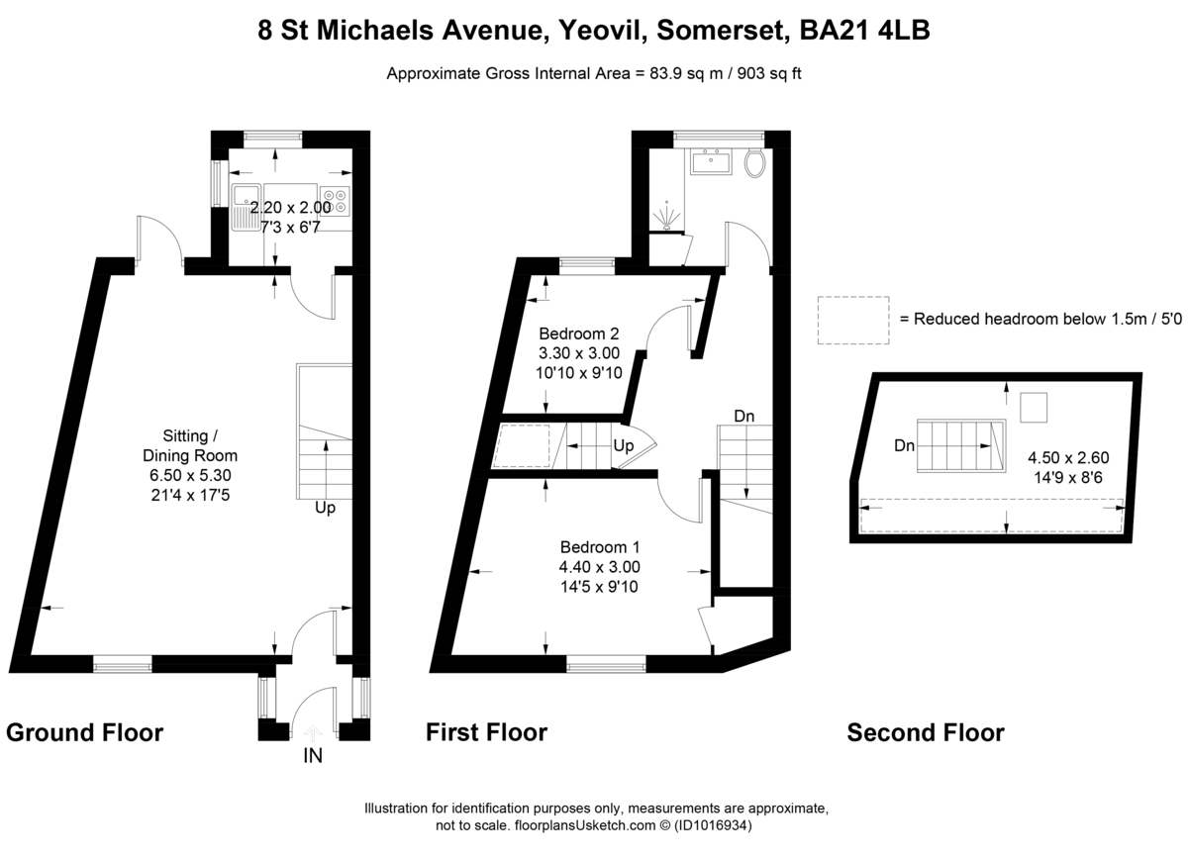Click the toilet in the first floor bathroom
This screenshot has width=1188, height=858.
pyautogui.click(x=757, y=163)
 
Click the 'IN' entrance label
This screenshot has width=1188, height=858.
pyautogui.click(x=312, y=757)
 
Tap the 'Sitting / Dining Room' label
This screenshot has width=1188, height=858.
pyautogui.click(x=201, y=446)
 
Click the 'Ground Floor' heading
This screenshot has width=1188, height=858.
pyautogui.click(x=84, y=733)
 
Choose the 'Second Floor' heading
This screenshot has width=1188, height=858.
pyautogui.click(x=926, y=733)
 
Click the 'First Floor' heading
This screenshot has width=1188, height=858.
pyautogui.click(x=486, y=733)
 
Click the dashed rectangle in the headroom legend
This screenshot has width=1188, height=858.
pyautogui.click(x=853, y=320)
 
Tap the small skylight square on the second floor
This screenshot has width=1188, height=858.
pyautogui.click(x=1034, y=407)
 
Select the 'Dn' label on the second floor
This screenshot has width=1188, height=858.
pyautogui.click(x=904, y=446)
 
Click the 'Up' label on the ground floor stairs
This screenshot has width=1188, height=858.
pyautogui.click(x=324, y=508)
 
